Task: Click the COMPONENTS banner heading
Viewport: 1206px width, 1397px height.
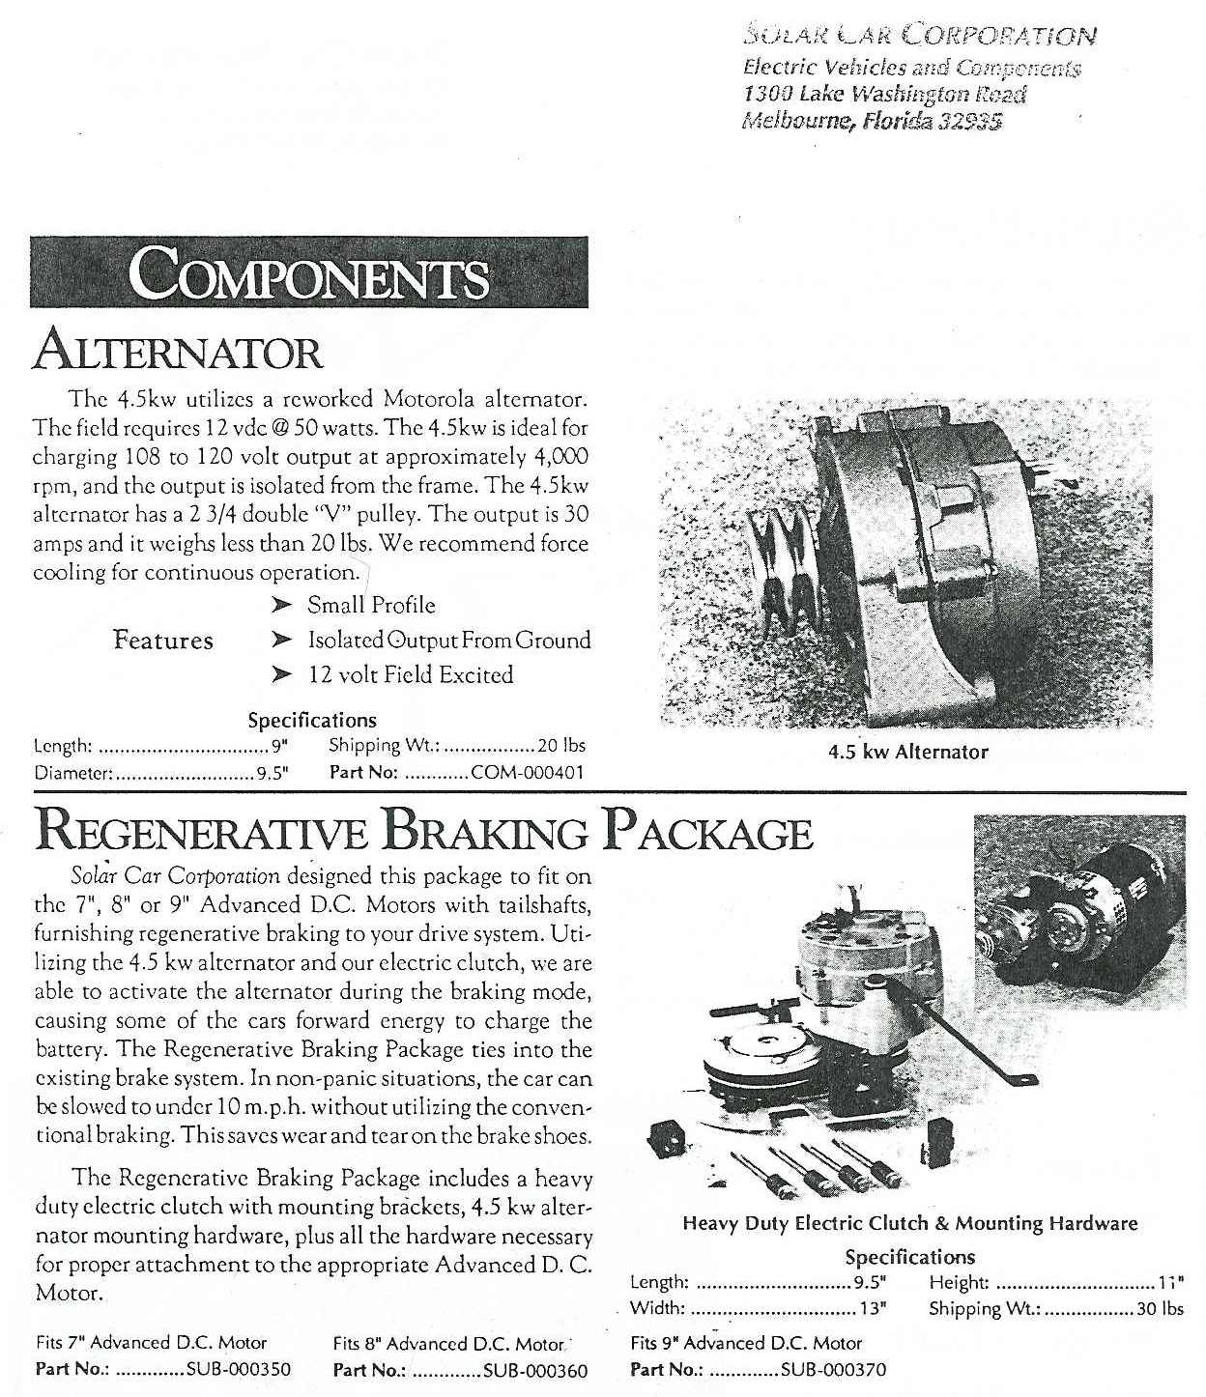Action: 309,272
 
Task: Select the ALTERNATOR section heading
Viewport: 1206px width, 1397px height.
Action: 178,352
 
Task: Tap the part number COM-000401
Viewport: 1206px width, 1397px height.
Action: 527,773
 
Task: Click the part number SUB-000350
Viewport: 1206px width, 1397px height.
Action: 238,1370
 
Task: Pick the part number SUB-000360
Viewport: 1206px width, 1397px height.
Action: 534,1370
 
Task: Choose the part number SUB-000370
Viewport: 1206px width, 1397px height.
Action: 833,1370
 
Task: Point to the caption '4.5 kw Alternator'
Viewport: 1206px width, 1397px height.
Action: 908,752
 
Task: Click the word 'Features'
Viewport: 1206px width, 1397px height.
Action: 162,640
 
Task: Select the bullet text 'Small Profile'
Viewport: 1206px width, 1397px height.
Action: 371,606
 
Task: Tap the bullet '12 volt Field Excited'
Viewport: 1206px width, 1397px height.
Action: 410,674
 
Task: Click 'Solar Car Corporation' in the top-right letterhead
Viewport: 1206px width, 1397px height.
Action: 918,37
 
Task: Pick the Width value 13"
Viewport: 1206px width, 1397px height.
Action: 873,1310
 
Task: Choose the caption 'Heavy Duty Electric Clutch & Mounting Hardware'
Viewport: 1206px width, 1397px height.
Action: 909,1223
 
